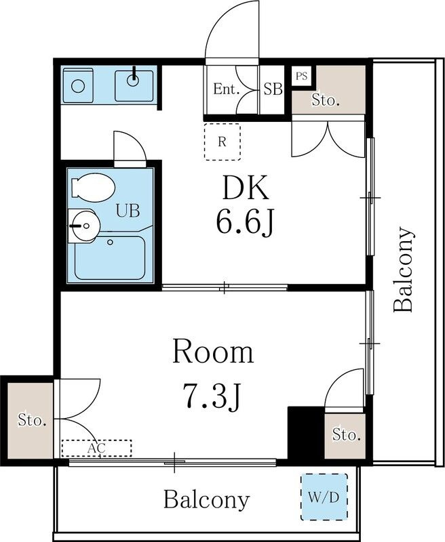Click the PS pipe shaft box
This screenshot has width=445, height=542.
click(302, 76)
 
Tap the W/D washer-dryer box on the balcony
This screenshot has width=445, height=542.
click(324, 497)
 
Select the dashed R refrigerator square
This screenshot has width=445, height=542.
click(222, 142)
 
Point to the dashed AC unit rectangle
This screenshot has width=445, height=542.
click(96, 449)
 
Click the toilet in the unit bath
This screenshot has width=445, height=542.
click(92, 188)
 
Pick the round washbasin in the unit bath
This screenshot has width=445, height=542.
click(84, 226)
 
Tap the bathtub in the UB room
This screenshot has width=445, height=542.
click(110, 257)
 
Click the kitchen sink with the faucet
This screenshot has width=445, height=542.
click(134, 86)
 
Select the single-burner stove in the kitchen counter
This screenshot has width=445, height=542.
click(78, 85)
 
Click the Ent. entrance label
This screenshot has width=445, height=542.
click(227, 89)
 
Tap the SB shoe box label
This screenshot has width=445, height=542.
click(273, 89)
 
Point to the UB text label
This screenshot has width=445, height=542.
click(128, 211)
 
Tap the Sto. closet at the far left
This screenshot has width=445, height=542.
click(31, 420)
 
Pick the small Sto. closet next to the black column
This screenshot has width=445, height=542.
click(345, 435)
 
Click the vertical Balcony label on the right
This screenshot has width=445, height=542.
click(404, 269)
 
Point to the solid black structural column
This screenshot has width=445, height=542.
click(306, 433)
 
